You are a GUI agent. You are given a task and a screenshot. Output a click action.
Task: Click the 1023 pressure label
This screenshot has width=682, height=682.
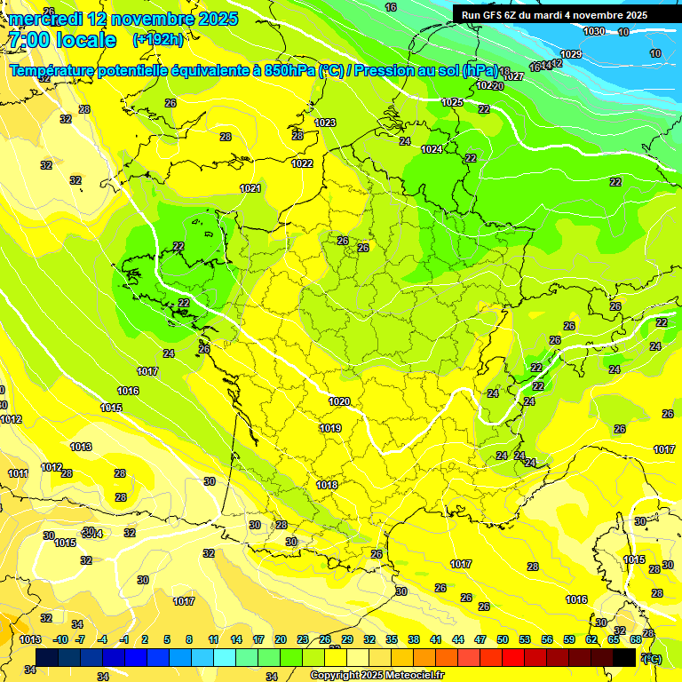tap(325, 123)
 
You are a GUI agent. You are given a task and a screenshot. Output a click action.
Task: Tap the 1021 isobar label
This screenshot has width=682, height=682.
tap(250, 188)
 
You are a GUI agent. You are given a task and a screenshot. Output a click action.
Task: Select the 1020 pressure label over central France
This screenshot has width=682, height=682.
tap(338, 401)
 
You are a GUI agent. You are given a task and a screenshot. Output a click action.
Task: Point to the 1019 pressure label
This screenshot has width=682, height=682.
tap(330, 428)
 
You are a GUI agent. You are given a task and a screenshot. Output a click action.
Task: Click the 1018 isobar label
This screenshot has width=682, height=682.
tap(327, 485)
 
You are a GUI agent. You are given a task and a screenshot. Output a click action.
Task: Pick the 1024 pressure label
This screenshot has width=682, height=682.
tap(432, 149)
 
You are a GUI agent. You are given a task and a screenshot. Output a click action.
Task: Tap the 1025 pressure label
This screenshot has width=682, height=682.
tap(452, 102)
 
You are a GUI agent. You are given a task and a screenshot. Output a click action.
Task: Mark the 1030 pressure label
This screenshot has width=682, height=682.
tap(594, 32)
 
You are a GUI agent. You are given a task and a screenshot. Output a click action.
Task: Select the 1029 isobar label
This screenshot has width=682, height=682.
tap(571, 54)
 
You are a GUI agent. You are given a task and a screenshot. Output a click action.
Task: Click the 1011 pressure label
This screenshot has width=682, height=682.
tap(18, 473)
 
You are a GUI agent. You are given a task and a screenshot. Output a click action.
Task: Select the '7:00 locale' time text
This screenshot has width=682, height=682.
tap(61, 40)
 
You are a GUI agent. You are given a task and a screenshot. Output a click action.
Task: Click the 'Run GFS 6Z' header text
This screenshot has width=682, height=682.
tap(495, 15)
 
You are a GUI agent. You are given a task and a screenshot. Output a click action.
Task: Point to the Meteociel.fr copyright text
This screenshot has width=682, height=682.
tap(376, 676)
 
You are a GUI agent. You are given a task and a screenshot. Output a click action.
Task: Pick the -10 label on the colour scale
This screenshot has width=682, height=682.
tap(60, 639)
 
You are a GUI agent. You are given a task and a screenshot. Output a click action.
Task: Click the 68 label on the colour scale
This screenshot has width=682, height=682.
tap(636, 639)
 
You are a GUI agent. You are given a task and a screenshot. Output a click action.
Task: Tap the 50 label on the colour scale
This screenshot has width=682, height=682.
tap(503, 639)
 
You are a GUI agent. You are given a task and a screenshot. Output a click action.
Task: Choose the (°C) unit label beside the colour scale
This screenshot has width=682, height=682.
tap(652, 658)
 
